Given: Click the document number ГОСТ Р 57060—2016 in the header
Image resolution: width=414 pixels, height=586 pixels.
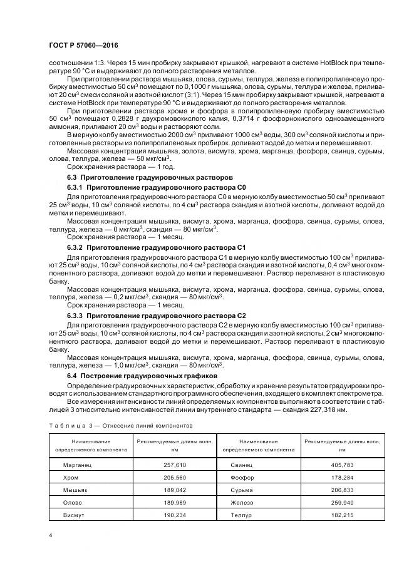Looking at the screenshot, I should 84,46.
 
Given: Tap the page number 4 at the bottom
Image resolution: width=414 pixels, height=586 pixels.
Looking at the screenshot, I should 50,535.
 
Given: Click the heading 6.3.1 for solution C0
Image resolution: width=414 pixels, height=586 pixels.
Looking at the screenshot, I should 157,187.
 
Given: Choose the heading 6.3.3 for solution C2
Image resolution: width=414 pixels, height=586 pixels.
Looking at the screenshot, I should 157,316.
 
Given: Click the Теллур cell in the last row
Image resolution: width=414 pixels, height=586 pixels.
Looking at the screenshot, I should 241,515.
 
